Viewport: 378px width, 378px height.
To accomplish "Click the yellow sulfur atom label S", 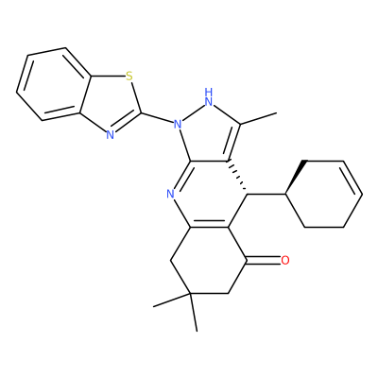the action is point(129,76).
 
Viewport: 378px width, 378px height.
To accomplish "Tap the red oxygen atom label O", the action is point(284,260).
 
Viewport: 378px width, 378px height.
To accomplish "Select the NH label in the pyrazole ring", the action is point(208,97).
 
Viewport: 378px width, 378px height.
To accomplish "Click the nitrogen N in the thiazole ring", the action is point(110,135).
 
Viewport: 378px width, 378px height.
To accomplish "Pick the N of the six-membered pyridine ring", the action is point(170,194).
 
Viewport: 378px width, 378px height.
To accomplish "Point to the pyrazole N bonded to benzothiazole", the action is point(178,124).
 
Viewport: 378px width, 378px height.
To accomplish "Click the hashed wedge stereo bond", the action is point(238,177).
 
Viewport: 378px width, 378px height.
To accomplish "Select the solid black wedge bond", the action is point(296,177).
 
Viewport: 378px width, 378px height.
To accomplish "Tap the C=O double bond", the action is point(264,260).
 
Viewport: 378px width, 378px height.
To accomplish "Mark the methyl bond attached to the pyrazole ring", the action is point(258,118).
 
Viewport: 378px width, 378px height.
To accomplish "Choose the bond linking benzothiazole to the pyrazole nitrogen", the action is point(157,117).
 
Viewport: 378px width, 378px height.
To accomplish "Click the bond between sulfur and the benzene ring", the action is point(108,76).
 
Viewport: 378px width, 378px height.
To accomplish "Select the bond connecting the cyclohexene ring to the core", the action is point(266,195).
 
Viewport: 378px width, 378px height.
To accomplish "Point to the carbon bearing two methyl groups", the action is point(190,294).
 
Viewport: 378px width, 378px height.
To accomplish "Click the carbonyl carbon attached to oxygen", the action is point(248,260).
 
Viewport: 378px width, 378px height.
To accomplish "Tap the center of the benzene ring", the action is point(54,84).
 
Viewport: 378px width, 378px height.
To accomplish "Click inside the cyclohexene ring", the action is point(324,194).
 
